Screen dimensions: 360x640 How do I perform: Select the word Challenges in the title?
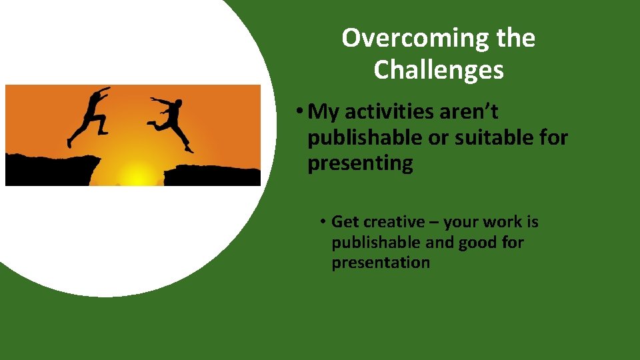click(x=439, y=69)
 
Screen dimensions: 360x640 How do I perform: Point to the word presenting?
click(x=360, y=163)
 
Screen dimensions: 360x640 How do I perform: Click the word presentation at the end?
click(x=381, y=263)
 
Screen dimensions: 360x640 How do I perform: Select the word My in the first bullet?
click(x=325, y=113)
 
